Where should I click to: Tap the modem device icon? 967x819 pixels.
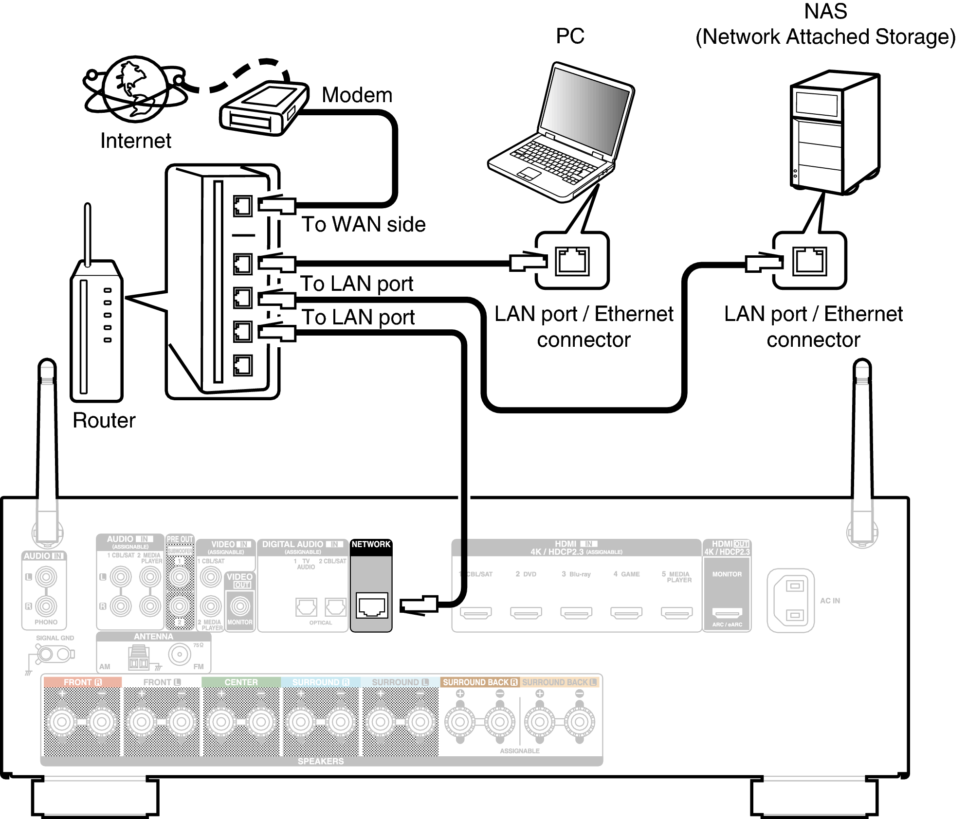tap(263, 108)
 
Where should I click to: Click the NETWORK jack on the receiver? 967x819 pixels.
tap(372, 606)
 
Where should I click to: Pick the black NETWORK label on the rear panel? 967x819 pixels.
tap(371, 544)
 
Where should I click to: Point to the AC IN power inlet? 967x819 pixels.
tap(790, 601)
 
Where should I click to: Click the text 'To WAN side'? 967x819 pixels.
tap(363, 225)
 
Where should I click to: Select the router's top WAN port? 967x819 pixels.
tap(242, 206)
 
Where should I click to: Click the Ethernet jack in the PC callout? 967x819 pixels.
tap(572, 261)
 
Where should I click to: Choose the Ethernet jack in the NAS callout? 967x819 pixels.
tap(809, 261)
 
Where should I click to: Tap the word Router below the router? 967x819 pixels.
tap(104, 421)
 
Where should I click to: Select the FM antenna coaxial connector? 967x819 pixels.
tap(180, 655)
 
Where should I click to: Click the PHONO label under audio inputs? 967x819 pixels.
tap(46, 622)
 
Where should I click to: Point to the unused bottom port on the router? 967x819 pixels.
tap(242, 365)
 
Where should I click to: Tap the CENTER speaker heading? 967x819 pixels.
tap(241, 682)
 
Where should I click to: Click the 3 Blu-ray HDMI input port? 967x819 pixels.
tap(576, 613)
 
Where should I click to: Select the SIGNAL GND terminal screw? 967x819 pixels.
tap(45, 654)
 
